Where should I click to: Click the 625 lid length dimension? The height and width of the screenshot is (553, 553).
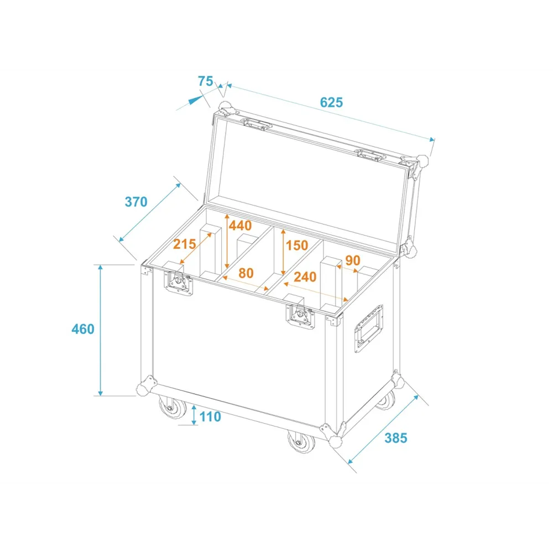point(331,102)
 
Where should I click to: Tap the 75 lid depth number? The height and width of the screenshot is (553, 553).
point(205,81)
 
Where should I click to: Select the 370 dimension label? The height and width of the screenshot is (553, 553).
point(136,202)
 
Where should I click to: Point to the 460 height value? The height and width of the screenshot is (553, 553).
point(83,329)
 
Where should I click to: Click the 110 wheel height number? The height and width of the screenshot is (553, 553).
point(210,416)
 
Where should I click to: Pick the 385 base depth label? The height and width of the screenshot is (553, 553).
point(396,437)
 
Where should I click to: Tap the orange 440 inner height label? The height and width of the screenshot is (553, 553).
point(240,226)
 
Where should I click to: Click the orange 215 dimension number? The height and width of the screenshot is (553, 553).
point(185,244)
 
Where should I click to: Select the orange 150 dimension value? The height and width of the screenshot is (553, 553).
point(297,246)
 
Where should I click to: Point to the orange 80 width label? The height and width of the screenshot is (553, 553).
point(246,273)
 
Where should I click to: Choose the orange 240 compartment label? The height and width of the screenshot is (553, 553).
point(305,277)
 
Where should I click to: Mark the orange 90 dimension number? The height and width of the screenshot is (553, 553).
point(353,260)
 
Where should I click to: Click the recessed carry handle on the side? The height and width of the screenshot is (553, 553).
point(368,328)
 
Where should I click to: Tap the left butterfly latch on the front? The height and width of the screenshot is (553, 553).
point(179,283)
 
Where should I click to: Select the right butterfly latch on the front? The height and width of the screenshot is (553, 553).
point(300,316)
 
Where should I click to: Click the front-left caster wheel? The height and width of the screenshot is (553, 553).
point(173,407)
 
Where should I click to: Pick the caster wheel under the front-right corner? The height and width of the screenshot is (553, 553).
point(301,441)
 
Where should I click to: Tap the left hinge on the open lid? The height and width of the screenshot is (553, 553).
point(256,124)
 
